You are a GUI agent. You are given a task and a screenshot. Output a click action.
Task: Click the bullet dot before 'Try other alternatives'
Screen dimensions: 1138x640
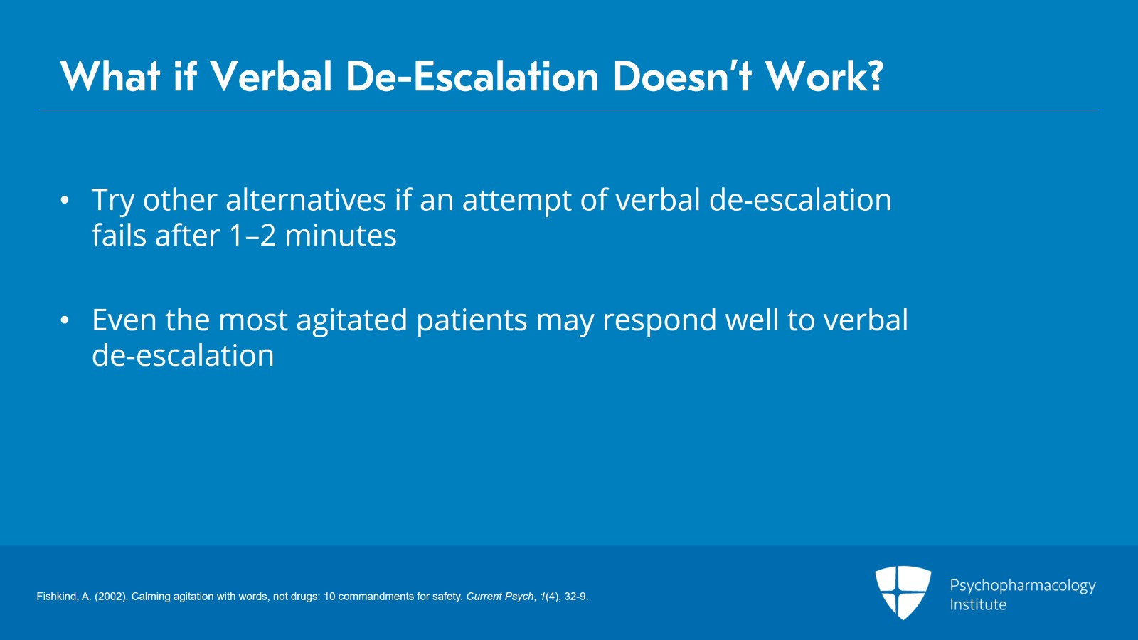pyautogui.click(x=65, y=200)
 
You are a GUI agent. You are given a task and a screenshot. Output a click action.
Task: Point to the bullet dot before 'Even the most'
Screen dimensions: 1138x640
pyautogui.click(x=65, y=320)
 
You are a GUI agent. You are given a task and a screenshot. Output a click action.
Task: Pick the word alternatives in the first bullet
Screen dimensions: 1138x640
pyautogui.click(x=305, y=199)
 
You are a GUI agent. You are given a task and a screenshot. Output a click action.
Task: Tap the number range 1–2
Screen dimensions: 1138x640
pyautogui.click(x=252, y=236)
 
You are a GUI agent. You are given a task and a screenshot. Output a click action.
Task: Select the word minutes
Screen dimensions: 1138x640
pyautogui.click(x=341, y=236)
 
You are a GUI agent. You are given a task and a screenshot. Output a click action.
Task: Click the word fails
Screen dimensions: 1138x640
pyautogui.click(x=119, y=235)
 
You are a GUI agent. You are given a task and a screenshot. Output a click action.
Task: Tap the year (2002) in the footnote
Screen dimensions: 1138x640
pyautogui.click(x=110, y=597)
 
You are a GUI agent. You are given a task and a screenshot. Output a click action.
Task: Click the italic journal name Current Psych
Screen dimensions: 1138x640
pyautogui.click(x=500, y=597)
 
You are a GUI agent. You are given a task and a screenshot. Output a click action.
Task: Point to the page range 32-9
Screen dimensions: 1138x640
pyautogui.click(x=576, y=597)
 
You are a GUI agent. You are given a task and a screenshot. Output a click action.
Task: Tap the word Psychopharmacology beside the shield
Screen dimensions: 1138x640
pyautogui.click(x=1023, y=586)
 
